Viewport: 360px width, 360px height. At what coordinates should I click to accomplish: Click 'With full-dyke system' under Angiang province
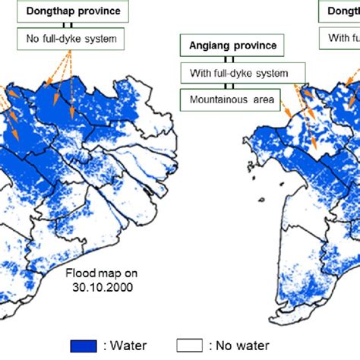(x=242, y=73)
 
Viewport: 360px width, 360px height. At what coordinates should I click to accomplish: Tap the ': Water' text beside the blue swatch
(x=126, y=346)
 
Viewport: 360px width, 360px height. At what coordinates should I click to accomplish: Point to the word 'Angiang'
(x=209, y=46)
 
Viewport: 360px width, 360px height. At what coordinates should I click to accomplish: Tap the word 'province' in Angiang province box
(x=255, y=46)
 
